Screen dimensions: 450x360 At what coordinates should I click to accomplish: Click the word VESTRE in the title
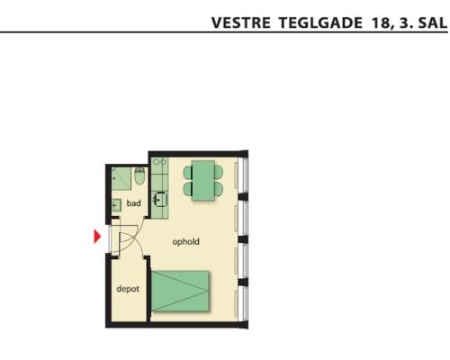coord(241,23)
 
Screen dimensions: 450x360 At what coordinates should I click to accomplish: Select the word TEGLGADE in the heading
coord(320,23)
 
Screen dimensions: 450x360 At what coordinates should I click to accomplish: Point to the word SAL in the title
coord(433,23)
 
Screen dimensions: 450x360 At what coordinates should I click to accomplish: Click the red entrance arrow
coord(97,237)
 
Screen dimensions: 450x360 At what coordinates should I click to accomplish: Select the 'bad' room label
coord(133,203)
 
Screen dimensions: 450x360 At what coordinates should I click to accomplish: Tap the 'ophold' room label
coord(185,242)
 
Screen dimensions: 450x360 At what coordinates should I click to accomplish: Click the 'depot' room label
coord(128,289)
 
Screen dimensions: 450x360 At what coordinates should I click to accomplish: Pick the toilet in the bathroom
coord(139,176)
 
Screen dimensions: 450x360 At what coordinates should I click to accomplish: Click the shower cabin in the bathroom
coord(121,179)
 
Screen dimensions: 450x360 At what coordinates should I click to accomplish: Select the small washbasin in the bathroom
coord(116,205)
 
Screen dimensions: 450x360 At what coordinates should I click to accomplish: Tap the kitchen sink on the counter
coord(159,199)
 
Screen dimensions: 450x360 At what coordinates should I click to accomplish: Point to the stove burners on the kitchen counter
coord(159,162)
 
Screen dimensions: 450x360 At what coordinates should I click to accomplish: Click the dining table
coord(203,180)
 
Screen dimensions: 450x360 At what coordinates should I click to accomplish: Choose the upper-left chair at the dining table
coord(188,173)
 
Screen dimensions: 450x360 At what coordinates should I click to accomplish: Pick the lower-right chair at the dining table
coord(219,189)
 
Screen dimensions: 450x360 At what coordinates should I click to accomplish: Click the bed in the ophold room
coord(180,291)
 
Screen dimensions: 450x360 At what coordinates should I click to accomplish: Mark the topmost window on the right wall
coord(244,175)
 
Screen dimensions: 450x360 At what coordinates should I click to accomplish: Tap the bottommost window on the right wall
coord(244,303)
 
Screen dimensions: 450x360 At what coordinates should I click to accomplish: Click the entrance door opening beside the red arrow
coord(110,238)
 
